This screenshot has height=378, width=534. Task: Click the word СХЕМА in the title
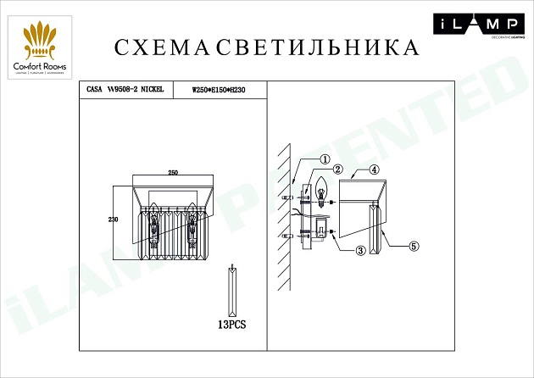(160, 47)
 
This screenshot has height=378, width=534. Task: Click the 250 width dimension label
(173, 173)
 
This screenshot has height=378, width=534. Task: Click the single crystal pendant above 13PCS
(231, 291)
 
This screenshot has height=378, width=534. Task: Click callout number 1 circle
(325, 158)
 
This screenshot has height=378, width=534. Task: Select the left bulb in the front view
(154, 223)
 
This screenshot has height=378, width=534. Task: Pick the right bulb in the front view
(192, 223)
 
